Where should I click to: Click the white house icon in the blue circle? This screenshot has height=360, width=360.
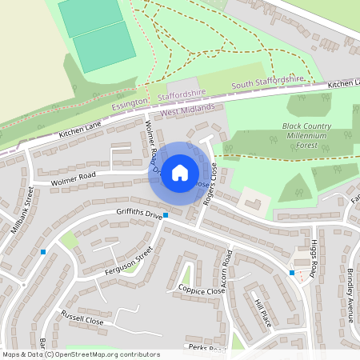pyautogui.click(x=180, y=172)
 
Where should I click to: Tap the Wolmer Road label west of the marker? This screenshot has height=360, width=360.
pyautogui.click(x=73, y=180)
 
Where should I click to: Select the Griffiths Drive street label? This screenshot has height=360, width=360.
pyautogui.click(x=139, y=214)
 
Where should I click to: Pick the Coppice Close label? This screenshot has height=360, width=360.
pyautogui.click(x=202, y=290)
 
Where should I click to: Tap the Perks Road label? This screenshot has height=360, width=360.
pyautogui.click(x=202, y=348)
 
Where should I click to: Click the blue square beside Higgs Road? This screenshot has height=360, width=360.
pyautogui.click(x=292, y=273)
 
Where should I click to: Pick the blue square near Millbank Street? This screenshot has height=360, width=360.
pyautogui.click(x=43, y=252)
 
